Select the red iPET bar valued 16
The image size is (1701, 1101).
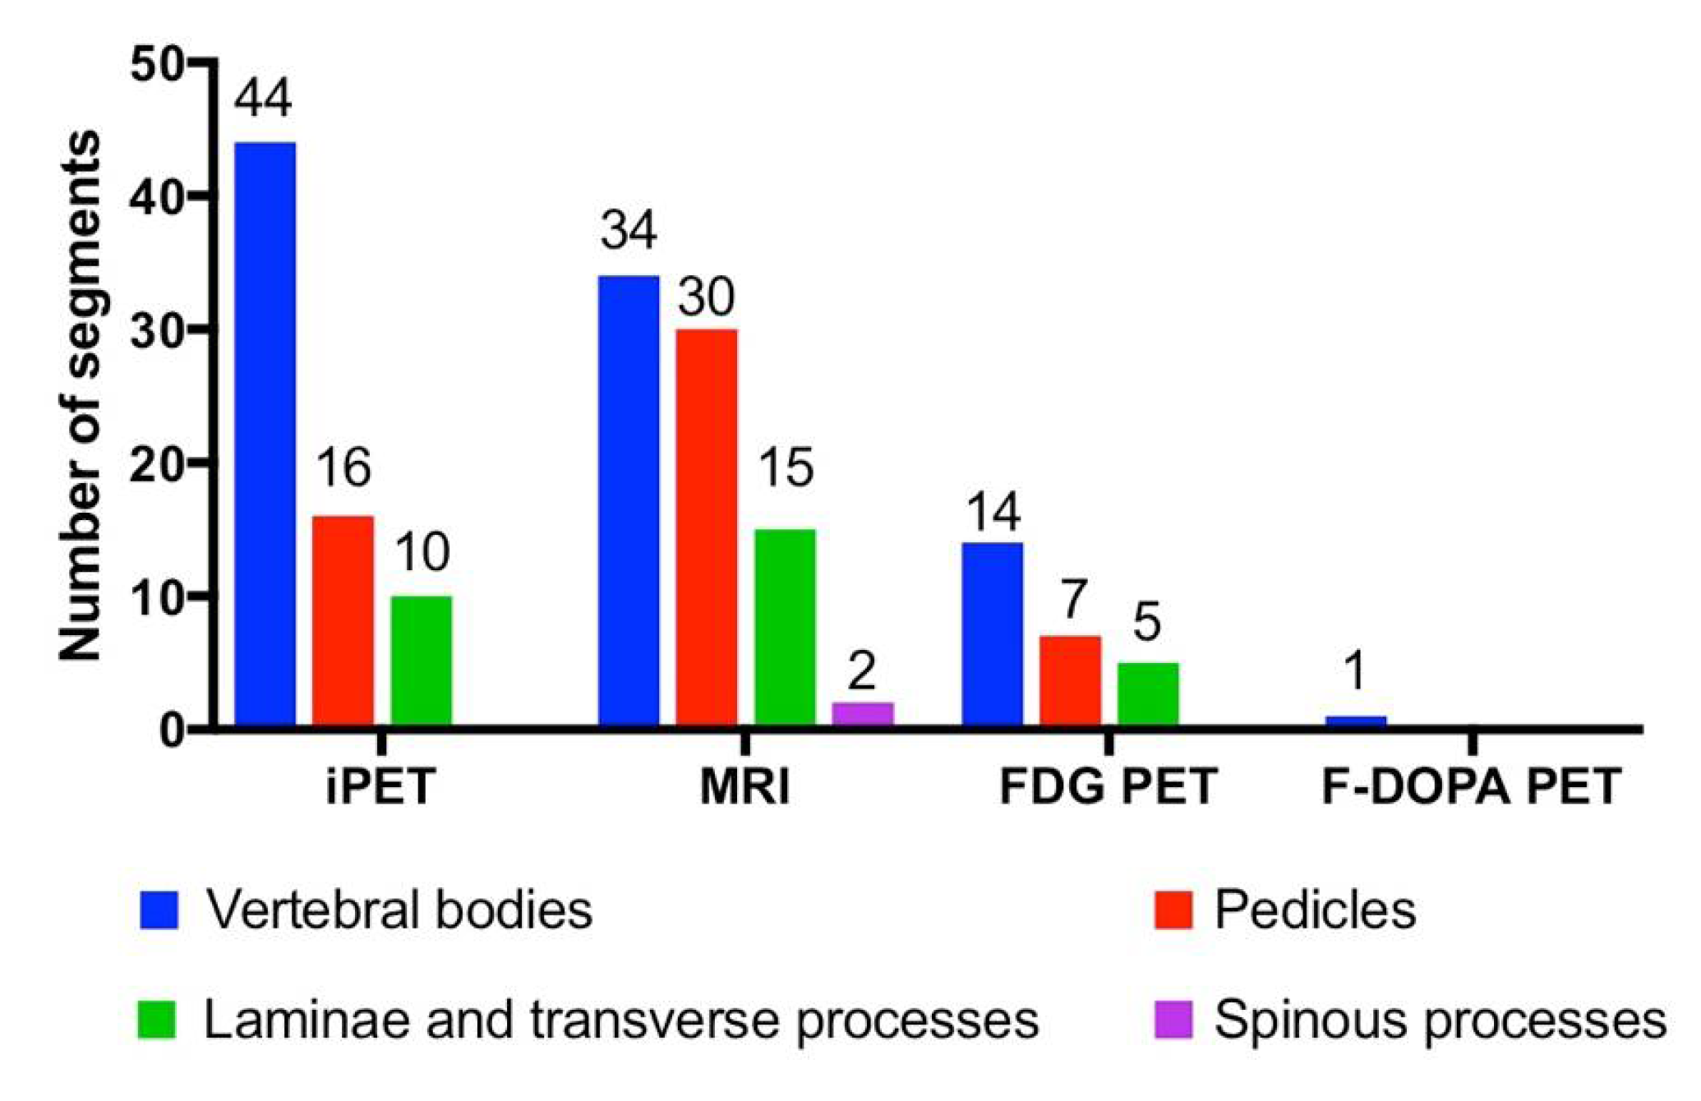[343, 621]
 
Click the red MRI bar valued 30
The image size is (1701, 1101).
[707, 527]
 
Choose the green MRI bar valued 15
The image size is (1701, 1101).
[785, 628]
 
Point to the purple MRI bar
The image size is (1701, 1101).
[862, 714]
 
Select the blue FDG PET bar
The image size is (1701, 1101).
[993, 634]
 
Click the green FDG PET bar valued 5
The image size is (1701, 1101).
[1148, 694]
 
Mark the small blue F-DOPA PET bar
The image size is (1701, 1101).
[1355, 721]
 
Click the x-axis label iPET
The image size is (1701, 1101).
[380, 786]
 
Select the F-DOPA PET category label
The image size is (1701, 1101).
[1471, 786]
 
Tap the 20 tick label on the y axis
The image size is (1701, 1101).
[159, 464]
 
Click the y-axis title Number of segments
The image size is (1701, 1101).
[81, 394]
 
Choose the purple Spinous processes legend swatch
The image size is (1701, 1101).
[1173, 1020]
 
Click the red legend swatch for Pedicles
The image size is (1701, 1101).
[1173, 910]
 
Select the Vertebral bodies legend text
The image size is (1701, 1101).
[399, 910]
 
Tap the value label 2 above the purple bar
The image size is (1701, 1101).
[861, 671]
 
